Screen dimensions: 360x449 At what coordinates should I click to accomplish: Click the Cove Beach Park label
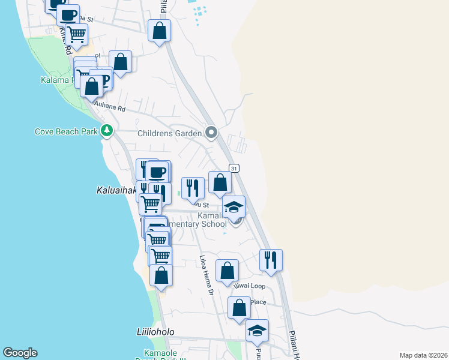(66, 131)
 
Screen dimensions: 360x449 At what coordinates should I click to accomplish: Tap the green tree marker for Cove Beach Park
(107, 130)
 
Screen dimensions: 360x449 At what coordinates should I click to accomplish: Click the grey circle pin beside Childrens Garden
(211, 132)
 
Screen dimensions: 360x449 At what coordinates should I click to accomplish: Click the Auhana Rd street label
(112, 109)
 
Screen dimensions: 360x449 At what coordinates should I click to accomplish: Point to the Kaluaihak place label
(116, 190)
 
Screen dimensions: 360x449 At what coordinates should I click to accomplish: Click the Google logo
(20, 353)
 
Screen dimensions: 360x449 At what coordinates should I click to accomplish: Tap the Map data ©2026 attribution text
(423, 355)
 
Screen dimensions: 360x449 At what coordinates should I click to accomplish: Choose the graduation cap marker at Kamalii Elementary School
(234, 208)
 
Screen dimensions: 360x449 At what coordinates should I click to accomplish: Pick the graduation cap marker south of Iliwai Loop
(257, 331)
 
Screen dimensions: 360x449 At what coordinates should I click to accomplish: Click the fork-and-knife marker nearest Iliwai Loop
(271, 260)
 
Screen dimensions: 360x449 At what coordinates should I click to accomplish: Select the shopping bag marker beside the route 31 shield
(220, 182)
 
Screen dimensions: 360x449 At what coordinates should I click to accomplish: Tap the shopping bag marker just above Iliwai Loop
(227, 271)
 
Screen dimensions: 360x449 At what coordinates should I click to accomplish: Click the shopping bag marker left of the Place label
(239, 308)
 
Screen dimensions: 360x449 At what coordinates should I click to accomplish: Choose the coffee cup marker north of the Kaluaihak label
(157, 172)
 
